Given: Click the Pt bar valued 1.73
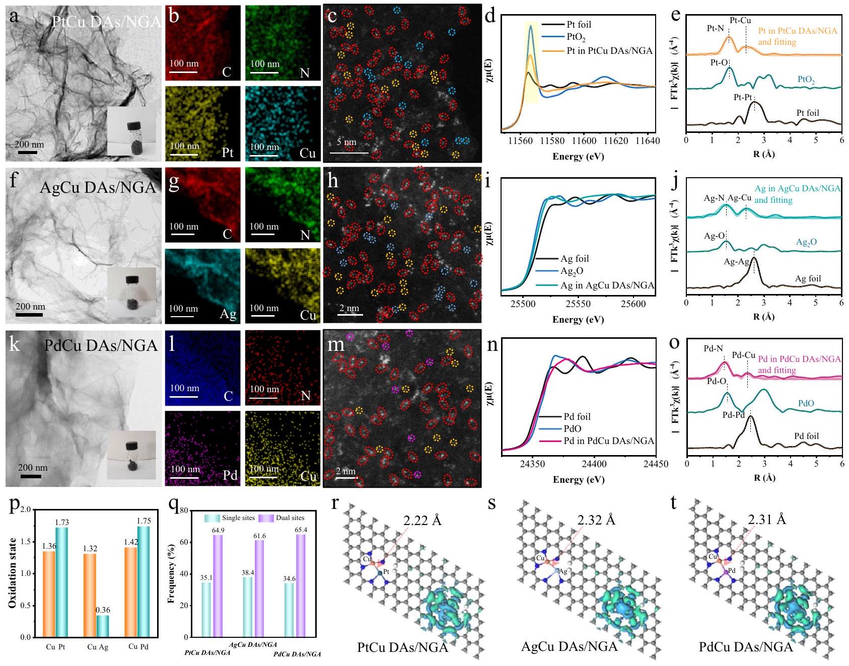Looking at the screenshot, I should pos(62,581).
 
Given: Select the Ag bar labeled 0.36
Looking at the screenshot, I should pos(103,626).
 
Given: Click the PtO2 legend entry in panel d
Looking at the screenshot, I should pos(576,37).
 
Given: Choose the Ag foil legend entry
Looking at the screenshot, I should pos(574,259).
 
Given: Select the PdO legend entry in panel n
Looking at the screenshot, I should pos(572,428).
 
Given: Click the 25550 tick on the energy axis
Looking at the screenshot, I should pos(578,304).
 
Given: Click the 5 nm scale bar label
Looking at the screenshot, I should pos(346,142).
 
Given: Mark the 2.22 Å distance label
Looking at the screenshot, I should pos(422,520).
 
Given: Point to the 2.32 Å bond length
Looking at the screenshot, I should pos(596,520).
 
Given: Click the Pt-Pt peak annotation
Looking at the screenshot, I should pos(743,97).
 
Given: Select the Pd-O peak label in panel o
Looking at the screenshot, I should pos(716,381).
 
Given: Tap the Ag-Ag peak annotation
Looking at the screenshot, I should pos(736,262).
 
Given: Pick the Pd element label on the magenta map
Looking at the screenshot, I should pos(230,475).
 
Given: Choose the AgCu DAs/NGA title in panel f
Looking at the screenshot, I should pos(98,187).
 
